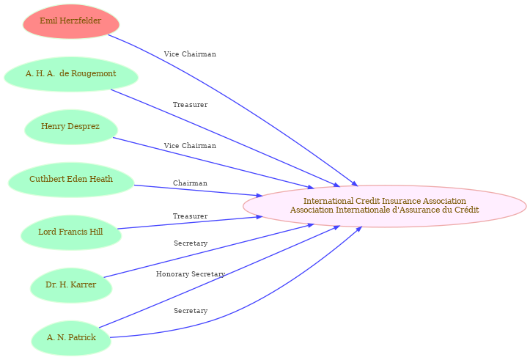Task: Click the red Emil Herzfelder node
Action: [71, 21]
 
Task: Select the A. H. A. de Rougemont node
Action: [71, 74]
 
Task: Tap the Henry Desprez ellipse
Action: [71, 127]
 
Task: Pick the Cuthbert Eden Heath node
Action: [71, 180]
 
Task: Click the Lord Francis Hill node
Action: [71, 232]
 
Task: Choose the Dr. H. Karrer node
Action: [71, 285]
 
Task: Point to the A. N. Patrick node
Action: [71, 338]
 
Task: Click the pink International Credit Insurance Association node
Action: [385, 206]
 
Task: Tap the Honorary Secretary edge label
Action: [191, 274]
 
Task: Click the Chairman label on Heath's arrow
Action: [190, 183]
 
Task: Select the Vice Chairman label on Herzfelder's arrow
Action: [190, 54]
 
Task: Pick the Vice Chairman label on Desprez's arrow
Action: [190, 146]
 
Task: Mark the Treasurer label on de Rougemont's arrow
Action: [191, 105]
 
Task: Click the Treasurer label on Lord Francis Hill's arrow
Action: [191, 216]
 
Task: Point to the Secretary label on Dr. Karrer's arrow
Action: [191, 243]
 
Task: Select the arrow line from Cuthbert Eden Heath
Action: [198, 191]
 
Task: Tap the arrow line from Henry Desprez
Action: [213, 163]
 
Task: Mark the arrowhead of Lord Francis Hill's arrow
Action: [260, 217]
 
